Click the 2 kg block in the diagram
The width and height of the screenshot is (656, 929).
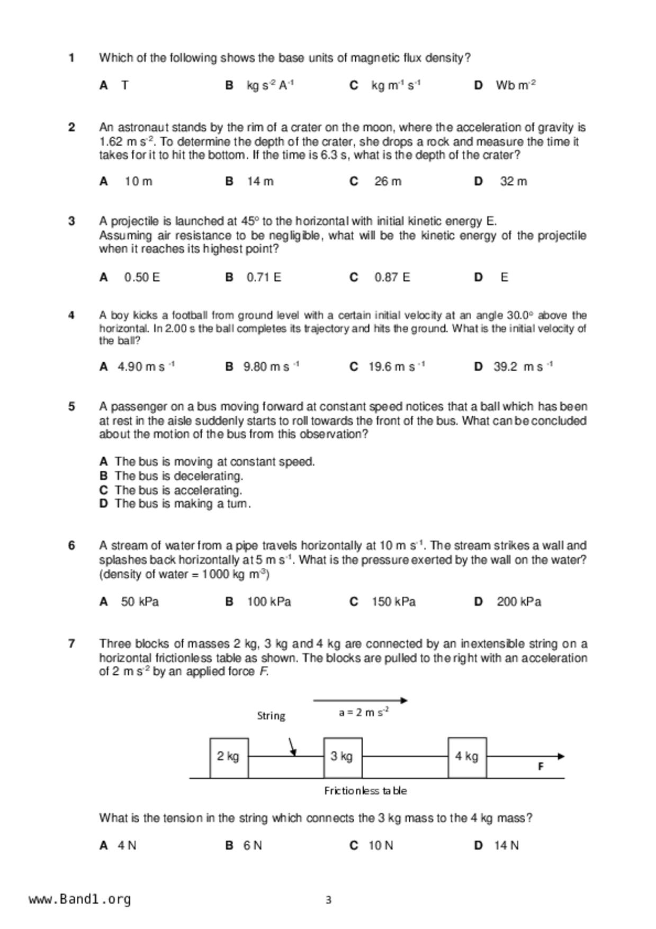(x=229, y=757)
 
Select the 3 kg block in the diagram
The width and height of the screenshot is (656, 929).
(x=343, y=757)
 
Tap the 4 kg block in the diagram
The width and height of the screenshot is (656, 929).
(x=467, y=757)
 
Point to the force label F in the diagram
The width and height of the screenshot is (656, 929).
(x=541, y=766)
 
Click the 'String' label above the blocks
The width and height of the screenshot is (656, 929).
(x=271, y=716)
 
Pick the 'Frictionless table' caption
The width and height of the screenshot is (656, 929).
(x=365, y=791)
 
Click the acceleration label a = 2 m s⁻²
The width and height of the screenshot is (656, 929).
(x=364, y=712)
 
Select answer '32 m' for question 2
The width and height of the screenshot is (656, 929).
(x=513, y=182)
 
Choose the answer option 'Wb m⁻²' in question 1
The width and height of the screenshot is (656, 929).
(x=515, y=85)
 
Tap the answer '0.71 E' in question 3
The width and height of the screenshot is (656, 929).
(x=264, y=278)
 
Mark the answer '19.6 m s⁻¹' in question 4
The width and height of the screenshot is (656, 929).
(x=396, y=367)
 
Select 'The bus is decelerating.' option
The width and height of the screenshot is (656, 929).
(x=178, y=476)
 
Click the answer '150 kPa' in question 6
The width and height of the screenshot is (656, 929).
(x=393, y=602)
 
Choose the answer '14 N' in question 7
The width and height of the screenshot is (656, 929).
(x=506, y=846)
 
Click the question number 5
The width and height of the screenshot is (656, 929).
(x=71, y=407)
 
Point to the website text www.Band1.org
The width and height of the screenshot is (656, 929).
(x=79, y=899)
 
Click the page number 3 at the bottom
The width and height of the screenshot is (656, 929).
(x=328, y=900)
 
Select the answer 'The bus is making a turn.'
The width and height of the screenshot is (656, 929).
(x=183, y=504)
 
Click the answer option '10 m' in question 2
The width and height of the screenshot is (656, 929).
(x=138, y=182)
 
